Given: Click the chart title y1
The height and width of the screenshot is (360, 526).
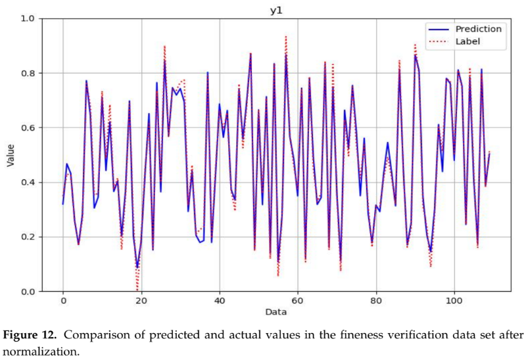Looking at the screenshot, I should tap(275, 9).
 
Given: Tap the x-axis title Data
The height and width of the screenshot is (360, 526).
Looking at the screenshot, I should tap(275, 311).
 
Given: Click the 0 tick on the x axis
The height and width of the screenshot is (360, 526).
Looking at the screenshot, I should tap(63, 300).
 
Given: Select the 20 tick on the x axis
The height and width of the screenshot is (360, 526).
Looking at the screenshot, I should tap(141, 300).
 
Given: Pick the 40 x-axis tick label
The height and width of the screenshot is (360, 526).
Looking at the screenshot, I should tap(220, 300).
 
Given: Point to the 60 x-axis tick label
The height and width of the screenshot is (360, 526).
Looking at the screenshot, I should tap(298, 300).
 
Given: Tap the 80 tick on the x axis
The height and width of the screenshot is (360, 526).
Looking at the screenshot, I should tap(376, 300).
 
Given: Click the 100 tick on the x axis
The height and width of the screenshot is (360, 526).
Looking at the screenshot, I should tap(454, 300).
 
